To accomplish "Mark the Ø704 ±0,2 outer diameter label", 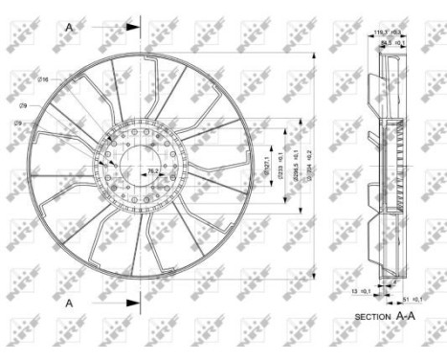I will pyautogui.click(x=308, y=165).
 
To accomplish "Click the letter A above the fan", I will pyautogui.click(x=69, y=27).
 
